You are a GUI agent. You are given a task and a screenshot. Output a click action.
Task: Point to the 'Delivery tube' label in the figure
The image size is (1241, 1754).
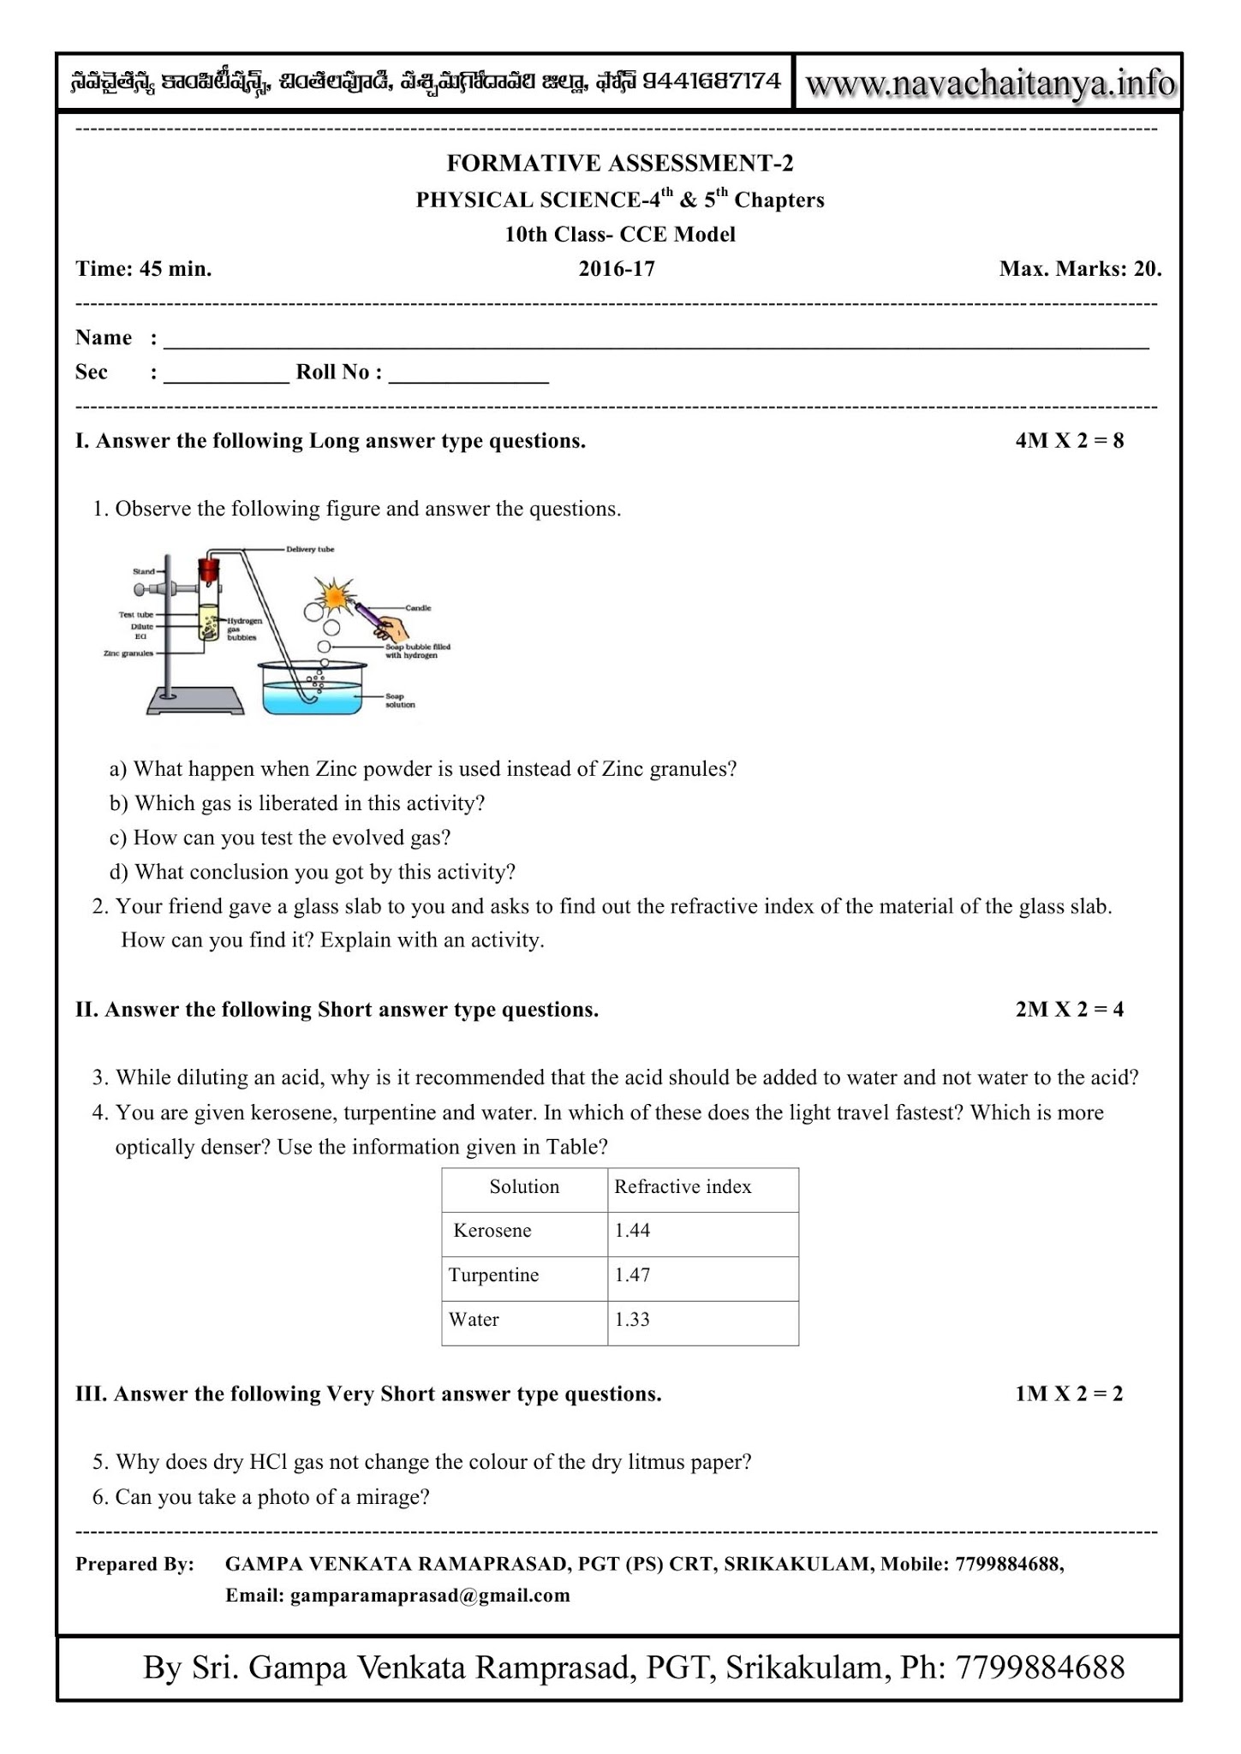310,549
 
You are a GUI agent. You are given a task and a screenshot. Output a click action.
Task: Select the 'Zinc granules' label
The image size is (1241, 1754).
128,653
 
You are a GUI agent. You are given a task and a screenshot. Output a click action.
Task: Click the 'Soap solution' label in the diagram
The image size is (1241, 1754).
400,701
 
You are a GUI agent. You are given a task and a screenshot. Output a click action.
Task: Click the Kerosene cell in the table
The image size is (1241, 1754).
492,1231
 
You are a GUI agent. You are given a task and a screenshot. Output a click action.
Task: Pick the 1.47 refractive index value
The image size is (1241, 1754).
632,1275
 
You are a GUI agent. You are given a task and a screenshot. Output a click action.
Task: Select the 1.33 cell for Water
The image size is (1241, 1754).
632,1320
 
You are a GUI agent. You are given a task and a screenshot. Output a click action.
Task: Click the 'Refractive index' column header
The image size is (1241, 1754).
683,1187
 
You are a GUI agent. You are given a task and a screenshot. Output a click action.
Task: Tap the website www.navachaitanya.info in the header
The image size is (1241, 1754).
990,84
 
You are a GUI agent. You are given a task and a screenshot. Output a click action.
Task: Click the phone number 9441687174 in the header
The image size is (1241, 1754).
711,81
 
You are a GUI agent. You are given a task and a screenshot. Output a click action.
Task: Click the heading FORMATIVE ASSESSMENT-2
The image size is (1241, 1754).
620,163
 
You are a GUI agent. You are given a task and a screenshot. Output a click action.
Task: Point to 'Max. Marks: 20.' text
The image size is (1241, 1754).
1080,269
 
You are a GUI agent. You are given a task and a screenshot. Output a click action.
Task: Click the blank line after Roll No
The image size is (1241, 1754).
468,375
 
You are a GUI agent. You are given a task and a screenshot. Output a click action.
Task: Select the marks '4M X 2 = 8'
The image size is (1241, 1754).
1069,441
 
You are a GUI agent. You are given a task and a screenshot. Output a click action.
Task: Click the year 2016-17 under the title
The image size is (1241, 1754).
617,269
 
